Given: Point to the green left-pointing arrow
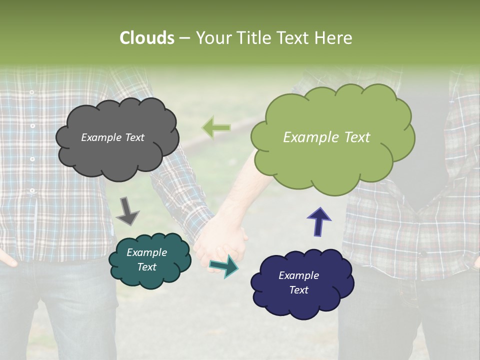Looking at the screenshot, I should click(x=216, y=127).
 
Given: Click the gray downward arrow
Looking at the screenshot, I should click(x=127, y=210).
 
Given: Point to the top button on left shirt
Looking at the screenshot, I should click(x=31, y=92).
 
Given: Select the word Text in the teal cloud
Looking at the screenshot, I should click(x=146, y=267).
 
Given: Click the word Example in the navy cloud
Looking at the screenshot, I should click(x=298, y=275).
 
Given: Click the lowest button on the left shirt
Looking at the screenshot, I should click(x=31, y=190).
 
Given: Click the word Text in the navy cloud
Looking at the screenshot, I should click(x=298, y=290).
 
